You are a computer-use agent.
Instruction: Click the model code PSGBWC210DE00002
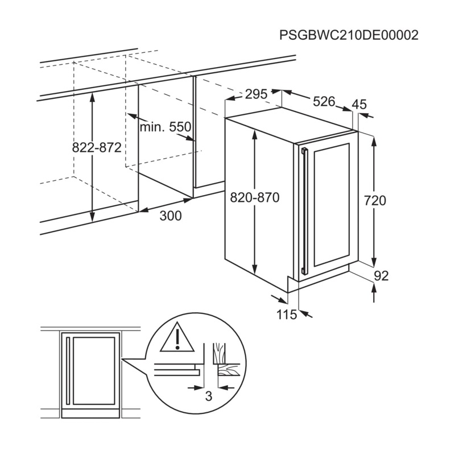349,35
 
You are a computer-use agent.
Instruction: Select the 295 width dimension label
256,94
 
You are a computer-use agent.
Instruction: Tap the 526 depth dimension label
324,101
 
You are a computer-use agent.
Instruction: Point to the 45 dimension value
359,104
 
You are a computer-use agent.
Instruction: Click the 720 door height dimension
375,201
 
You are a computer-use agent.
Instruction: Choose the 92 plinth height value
381,276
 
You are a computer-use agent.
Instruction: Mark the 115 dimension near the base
287,315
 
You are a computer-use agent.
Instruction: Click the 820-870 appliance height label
254,197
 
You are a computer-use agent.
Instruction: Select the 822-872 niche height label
97,148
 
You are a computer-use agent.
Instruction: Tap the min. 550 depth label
166,127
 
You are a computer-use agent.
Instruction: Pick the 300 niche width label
171,216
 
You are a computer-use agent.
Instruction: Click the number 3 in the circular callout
209,396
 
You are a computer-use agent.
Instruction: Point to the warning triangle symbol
177,337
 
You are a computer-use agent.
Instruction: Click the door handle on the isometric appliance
304,211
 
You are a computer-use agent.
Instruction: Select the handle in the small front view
68,371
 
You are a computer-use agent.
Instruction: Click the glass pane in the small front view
94,371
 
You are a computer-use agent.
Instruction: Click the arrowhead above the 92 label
374,287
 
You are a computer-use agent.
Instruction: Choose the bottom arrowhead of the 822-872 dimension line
92,217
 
